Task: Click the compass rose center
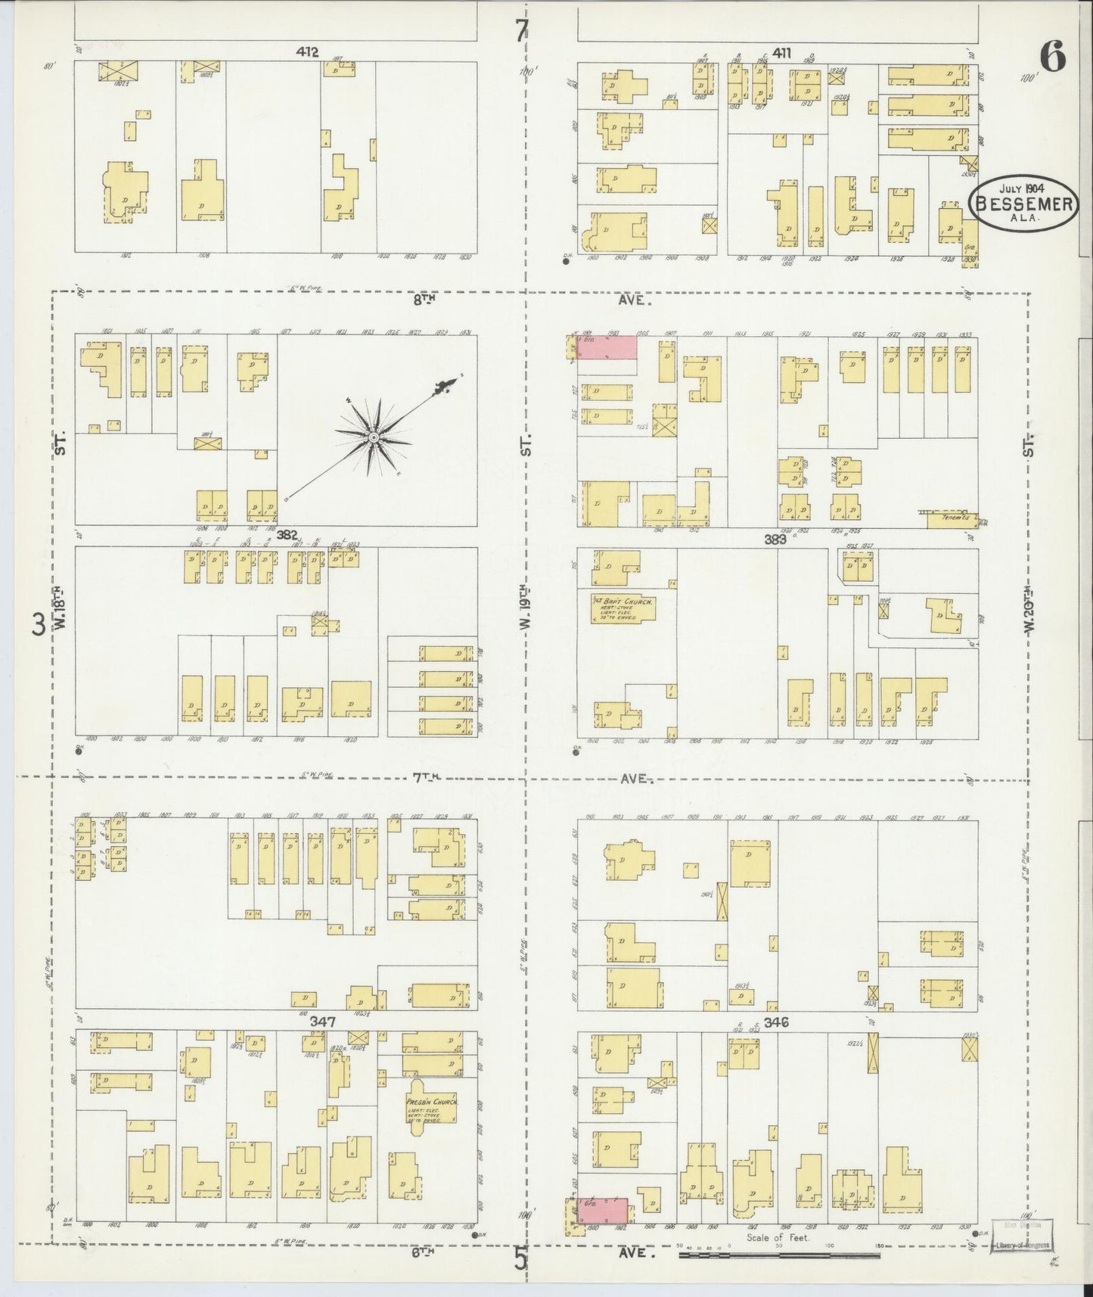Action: tap(373, 437)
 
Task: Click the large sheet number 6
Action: tap(1052, 56)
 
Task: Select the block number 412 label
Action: tap(307, 52)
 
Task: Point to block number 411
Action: tap(782, 52)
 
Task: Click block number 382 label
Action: tap(287, 534)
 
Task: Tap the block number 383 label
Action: tap(775, 539)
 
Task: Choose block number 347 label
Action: tap(322, 1021)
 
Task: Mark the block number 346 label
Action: tap(776, 1022)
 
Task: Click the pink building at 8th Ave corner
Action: tap(607, 347)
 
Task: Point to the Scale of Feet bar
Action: tap(779, 1255)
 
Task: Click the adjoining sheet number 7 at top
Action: tap(520, 30)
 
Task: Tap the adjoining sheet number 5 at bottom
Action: tap(520, 1258)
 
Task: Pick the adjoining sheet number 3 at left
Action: tap(37, 625)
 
